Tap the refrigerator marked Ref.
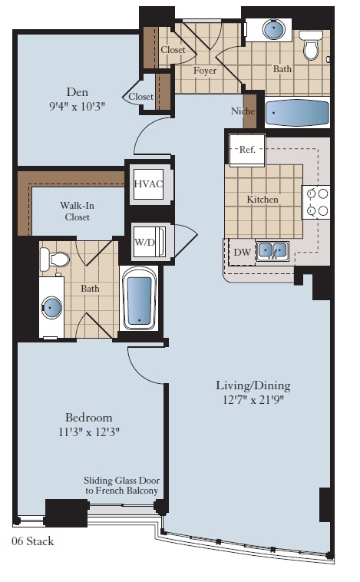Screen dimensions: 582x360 (247, 150)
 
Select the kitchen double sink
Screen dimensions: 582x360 (272, 250)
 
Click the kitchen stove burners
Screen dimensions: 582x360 (316, 202)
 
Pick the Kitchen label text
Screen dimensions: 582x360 (263, 200)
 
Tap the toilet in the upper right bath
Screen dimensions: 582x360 (311, 47)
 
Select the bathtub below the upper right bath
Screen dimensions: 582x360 (297, 114)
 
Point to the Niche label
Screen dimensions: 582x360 (243, 111)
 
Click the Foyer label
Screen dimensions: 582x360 (204, 71)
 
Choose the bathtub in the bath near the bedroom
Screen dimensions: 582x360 (139, 300)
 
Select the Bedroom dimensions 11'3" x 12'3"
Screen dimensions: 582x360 (88, 432)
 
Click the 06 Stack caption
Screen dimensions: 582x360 (33, 541)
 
